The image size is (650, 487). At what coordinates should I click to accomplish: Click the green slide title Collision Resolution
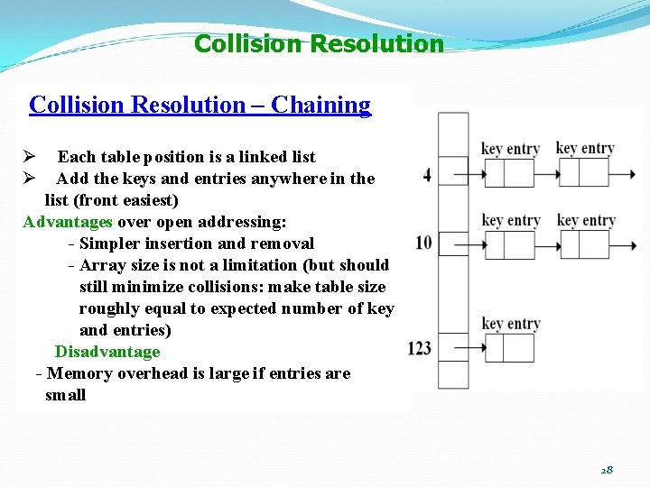(319, 43)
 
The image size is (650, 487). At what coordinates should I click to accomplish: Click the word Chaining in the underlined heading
(320, 105)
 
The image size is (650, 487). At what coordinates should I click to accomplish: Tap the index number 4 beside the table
(427, 174)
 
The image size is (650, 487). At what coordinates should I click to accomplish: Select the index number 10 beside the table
(423, 243)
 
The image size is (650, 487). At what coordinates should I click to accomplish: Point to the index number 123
(419, 347)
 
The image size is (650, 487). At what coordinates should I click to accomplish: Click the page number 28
(606, 470)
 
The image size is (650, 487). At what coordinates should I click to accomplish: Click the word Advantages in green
(68, 222)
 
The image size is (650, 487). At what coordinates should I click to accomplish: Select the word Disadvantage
(107, 352)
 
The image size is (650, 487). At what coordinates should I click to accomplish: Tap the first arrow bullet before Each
(29, 157)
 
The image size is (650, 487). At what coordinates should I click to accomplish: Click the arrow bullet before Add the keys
(29, 179)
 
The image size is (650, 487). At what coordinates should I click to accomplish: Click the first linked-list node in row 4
(509, 172)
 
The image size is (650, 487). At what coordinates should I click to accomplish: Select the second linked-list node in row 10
(584, 243)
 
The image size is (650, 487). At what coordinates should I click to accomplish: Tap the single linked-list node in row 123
(509, 347)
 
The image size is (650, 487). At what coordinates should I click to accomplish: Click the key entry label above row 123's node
(511, 323)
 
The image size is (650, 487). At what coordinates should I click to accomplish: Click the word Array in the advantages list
(99, 265)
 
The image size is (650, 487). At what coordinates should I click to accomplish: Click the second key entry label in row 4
(585, 148)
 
